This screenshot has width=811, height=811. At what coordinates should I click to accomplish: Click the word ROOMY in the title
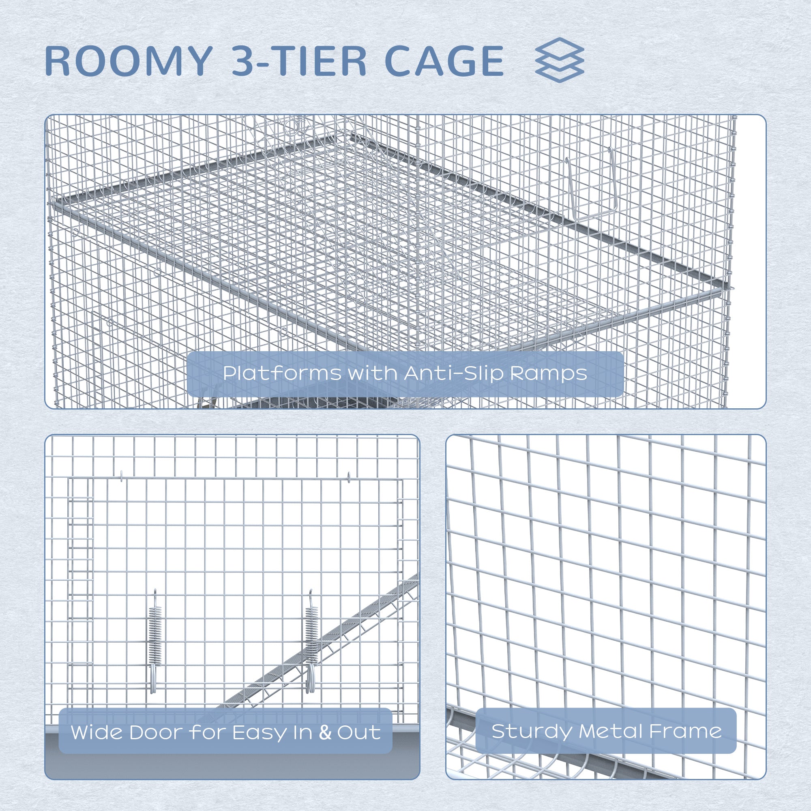click(128, 61)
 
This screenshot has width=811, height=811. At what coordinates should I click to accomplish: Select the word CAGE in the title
click(444, 61)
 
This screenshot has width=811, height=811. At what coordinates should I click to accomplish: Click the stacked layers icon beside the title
click(560, 60)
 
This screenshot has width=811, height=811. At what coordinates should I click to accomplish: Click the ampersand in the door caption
click(325, 732)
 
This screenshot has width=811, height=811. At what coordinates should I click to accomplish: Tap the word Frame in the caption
click(685, 731)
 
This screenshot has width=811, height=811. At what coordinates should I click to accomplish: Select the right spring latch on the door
click(311, 645)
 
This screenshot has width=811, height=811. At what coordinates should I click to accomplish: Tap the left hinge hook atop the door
click(121, 476)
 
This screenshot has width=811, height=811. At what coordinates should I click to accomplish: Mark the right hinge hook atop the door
click(349, 476)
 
